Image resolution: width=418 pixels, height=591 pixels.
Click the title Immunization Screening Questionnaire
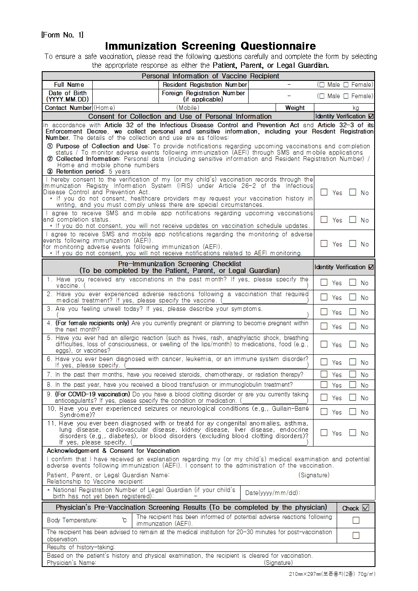pyautogui.click(x=210, y=46)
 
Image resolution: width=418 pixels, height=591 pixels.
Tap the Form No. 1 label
pyautogui.click(x=62, y=35)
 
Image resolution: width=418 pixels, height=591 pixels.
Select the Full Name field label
pyautogui.click(x=69, y=85)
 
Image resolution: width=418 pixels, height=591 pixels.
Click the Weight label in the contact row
pyautogui.click(x=295, y=108)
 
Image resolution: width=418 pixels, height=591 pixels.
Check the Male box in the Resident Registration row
pyautogui.click(x=322, y=85)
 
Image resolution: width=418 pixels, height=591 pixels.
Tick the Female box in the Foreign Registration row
pyautogui.click(x=346, y=96)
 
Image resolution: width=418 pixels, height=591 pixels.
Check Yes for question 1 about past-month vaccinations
pyautogui.click(x=324, y=282)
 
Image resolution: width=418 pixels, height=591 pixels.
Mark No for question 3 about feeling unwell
pyautogui.click(x=353, y=312)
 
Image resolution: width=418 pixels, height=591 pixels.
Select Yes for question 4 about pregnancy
pyautogui.click(x=324, y=326)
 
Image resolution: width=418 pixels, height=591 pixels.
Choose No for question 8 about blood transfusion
pyautogui.click(x=353, y=385)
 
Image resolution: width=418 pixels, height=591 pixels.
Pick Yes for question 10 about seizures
pyautogui.click(x=324, y=412)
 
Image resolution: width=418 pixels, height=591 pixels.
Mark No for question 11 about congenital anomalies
pyautogui.click(x=353, y=433)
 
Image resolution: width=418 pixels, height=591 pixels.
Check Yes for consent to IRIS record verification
pyautogui.click(x=324, y=192)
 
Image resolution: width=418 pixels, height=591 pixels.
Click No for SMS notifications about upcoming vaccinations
pyautogui.click(x=353, y=219)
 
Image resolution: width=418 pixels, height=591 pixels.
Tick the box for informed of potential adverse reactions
pyautogui.click(x=356, y=520)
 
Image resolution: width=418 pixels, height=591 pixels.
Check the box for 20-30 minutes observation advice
pyautogui.click(x=356, y=535)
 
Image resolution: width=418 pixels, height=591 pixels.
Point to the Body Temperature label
pyautogui.click(x=72, y=520)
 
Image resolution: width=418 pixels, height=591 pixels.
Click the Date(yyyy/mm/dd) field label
pyautogui.click(x=272, y=493)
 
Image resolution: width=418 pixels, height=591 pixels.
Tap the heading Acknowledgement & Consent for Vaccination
pyautogui.click(x=113, y=451)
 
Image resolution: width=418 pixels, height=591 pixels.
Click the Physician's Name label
pyautogui.click(x=71, y=563)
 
